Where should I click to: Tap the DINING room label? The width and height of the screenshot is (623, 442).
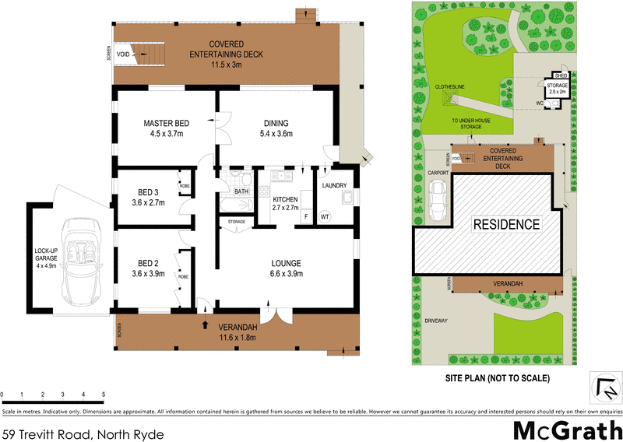[276, 123]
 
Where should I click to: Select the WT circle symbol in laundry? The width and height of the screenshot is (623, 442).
[325, 217]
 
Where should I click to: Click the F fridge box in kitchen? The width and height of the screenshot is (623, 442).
[307, 217]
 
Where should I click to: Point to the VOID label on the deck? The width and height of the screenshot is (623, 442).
[123, 55]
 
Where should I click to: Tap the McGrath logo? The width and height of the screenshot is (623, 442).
[566, 429]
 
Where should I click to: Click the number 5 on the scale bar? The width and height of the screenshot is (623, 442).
[104, 395]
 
